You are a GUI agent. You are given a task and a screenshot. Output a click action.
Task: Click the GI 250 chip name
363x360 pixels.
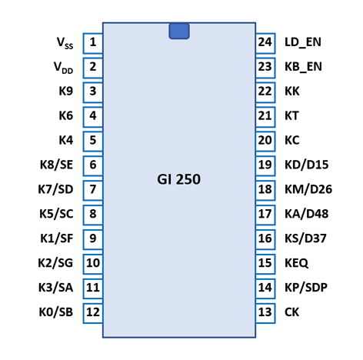click(x=178, y=179)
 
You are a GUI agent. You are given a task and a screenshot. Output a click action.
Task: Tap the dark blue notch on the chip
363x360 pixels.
click(x=179, y=31)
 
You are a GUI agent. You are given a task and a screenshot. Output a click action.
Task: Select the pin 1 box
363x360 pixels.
click(x=93, y=43)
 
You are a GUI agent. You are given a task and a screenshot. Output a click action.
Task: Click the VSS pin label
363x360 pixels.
click(x=65, y=43)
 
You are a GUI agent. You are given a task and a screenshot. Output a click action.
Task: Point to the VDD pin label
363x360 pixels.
click(x=64, y=68)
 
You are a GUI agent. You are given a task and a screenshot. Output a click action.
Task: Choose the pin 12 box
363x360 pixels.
click(x=93, y=313)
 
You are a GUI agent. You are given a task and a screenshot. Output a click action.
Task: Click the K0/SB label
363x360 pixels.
click(x=56, y=312)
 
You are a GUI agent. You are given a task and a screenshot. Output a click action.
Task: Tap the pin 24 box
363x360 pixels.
click(x=265, y=43)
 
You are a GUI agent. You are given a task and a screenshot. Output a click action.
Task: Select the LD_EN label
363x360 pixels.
click(x=303, y=42)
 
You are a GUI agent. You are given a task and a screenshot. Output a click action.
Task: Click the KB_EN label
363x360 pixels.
click(x=303, y=67)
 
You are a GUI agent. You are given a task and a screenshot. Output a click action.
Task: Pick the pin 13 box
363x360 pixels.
click(x=265, y=313)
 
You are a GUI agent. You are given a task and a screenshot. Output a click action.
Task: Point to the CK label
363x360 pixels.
click(x=291, y=312)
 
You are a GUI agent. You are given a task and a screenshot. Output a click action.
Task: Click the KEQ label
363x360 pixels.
click(x=296, y=263)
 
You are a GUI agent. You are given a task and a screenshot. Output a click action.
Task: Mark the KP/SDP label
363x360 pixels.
click(x=306, y=288)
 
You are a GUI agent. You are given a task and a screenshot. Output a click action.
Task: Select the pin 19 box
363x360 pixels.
click(x=265, y=166)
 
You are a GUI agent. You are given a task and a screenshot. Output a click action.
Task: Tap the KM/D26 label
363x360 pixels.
click(x=308, y=189)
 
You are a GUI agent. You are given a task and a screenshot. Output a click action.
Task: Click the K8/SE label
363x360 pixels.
click(x=56, y=165)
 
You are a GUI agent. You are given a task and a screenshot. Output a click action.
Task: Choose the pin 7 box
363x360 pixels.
click(x=93, y=191)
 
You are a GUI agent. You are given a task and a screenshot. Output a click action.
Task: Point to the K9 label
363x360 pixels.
click(x=66, y=91)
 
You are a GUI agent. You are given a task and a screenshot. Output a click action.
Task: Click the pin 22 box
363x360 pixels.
click(x=265, y=92)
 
